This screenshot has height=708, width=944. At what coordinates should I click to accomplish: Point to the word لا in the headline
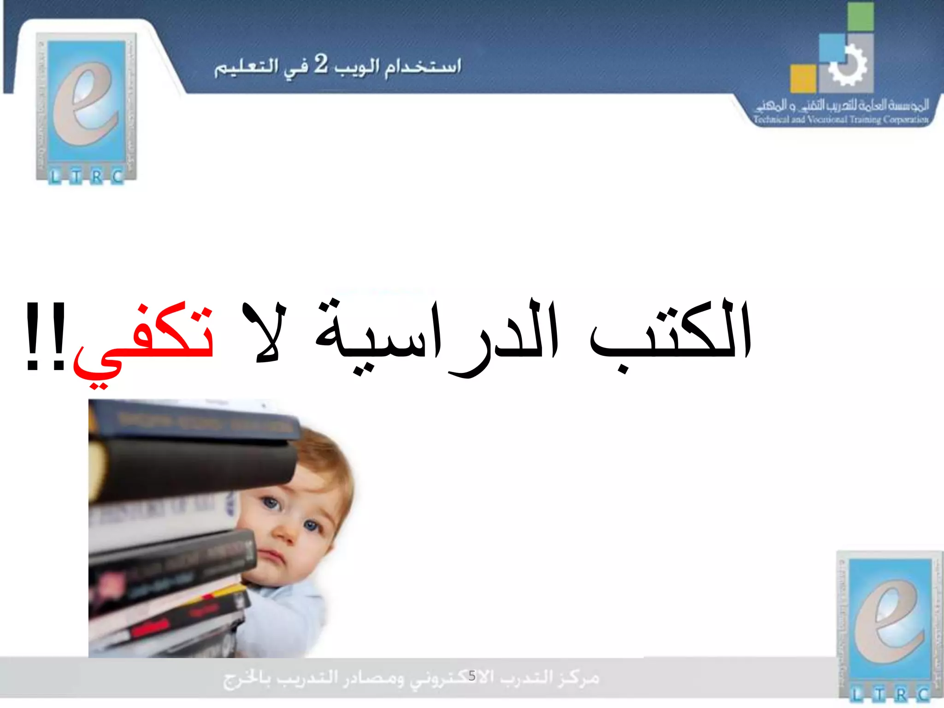(x=263, y=332)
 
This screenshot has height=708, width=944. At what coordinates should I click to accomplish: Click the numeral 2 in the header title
(x=321, y=65)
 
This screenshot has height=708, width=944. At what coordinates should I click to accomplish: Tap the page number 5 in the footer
(x=472, y=676)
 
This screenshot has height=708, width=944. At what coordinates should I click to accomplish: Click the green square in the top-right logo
(x=860, y=17)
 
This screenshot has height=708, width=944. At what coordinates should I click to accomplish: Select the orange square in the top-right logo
(x=803, y=78)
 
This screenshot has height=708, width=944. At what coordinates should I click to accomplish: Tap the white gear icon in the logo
(x=847, y=66)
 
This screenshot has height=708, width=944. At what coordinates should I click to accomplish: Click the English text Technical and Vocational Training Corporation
(x=841, y=120)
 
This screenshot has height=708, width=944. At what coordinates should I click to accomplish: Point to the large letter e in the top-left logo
(x=85, y=104)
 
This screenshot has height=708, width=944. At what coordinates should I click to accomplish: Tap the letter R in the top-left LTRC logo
(x=96, y=177)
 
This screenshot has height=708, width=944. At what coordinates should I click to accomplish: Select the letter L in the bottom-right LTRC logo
(x=856, y=694)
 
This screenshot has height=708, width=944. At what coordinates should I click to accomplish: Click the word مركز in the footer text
(x=578, y=678)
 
